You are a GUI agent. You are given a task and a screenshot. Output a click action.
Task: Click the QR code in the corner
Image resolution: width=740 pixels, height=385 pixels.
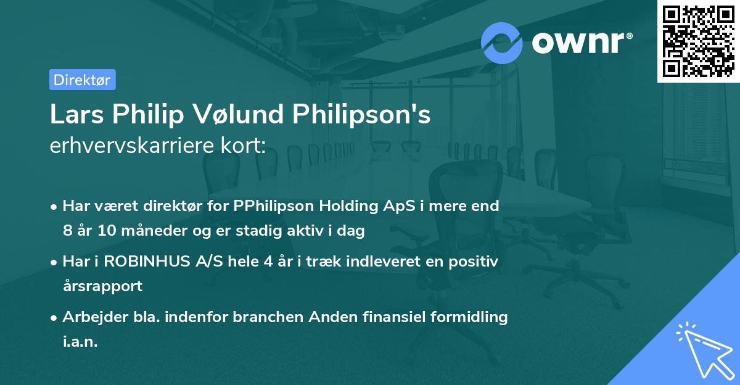(697, 41)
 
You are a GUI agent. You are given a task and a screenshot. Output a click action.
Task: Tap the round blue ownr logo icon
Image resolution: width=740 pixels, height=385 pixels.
(502, 43)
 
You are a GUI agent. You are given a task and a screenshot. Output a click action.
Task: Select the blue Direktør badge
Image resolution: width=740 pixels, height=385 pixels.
(82, 80)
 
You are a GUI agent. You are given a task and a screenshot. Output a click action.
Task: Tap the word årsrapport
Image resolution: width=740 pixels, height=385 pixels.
(102, 286)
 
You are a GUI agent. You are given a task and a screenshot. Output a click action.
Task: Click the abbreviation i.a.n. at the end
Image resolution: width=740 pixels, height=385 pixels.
(80, 341)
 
